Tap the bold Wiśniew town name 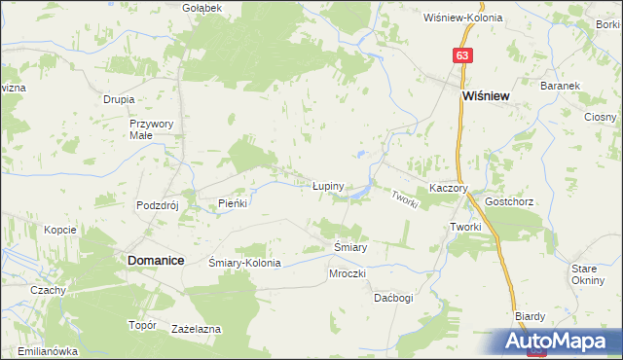pyautogui.click(x=488, y=97)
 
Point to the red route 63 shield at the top pyautogui.click(x=461, y=56)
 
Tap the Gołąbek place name pyautogui.click(x=202, y=8)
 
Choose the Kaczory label pyautogui.click(x=450, y=189)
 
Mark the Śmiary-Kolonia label pyautogui.click(x=245, y=264)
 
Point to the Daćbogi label pyautogui.click(x=394, y=298)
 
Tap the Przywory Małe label pyautogui.click(x=151, y=129)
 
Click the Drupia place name pyautogui.click(x=118, y=99)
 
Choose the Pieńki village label pyautogui.click(x=234, y=204)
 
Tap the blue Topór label pyautogui.click(x=142, y=325)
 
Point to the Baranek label pyautogui.click(x=562, y=86)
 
